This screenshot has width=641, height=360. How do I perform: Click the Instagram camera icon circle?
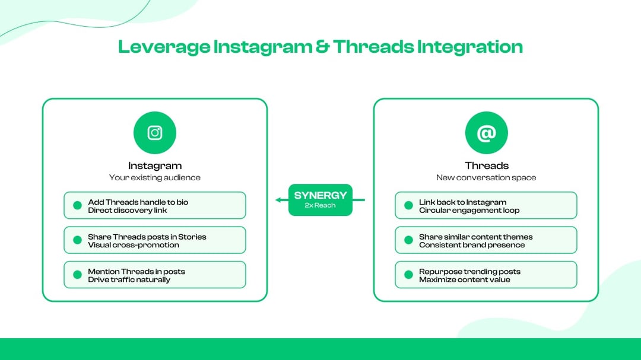(x=155, y=133)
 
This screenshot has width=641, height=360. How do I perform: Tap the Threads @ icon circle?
(x=486, y=133)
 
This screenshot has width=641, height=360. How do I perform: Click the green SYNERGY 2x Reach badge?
(x=320, y=200)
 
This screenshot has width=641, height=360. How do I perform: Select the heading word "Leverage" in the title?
(x=163, y=47)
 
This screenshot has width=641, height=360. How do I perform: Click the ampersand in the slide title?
(x=322, y=47)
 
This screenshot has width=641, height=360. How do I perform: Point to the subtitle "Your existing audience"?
(x=155, y=177)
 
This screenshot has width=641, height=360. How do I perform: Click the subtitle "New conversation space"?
(x=486, y=177)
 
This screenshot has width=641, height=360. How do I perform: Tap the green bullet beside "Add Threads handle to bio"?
(x=77, y=206)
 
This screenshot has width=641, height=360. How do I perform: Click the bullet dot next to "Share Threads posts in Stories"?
(x=77, y=240)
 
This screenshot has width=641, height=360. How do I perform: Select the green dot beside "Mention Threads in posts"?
(x=77, y=275)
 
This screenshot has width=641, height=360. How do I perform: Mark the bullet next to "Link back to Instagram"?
(x=408, y=206)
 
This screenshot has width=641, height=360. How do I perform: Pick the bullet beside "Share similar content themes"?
(x=408, y=240)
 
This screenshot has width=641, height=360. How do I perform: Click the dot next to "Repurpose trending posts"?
(x=408, y=275)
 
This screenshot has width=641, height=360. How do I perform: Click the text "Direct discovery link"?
(x=128, y=211)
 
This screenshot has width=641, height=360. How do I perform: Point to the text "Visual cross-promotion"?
(x=134, y=245)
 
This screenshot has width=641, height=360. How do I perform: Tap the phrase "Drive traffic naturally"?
(x=129, y=279)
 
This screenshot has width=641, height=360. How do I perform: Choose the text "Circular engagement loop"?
(x=469, y=211)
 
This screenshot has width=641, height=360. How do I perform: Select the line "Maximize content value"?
(x=464, y=279)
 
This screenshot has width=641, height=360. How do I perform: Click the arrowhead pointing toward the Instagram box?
(x=278, y=200)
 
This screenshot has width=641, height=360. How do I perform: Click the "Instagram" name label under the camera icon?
(x=155, y=166)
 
